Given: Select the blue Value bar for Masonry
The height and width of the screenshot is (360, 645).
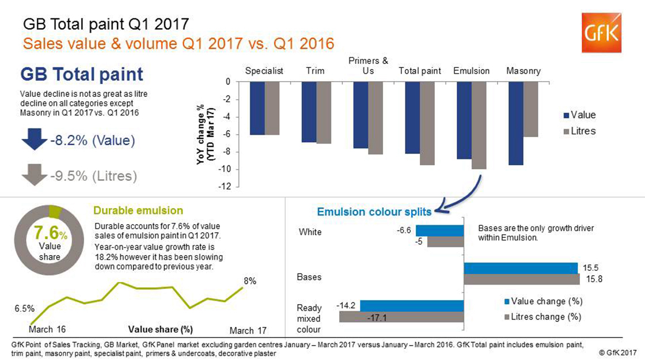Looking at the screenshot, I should pyautogui.click(x=516, y=123).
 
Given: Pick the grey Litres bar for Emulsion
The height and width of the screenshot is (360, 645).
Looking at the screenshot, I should pyautogui.click(x=478, y=126).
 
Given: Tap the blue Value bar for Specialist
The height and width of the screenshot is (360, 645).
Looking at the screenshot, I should pyautogui.click(x=257, y=108).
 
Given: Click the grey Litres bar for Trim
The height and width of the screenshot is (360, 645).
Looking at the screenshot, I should pyautogui.click(x=324, y=113).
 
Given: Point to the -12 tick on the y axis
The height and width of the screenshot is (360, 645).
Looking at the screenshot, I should pyautogui.click(x=229, y=187).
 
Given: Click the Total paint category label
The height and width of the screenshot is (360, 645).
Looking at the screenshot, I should pyautogui.click(x=420, y=71).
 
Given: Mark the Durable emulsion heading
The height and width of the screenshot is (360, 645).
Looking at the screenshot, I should pyautogui.click(x=138, y=211).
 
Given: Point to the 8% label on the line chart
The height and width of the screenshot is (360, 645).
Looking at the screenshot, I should pyautogui.click(x=249, y=281).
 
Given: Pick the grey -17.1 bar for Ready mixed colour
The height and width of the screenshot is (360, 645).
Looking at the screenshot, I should pyautogui.click(x=401, y=316).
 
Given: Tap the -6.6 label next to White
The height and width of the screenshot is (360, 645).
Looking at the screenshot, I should pyautogui.click(x=404, y=230).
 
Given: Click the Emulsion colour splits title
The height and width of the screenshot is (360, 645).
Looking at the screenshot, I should pyautogui.click(x=374, y=212).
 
